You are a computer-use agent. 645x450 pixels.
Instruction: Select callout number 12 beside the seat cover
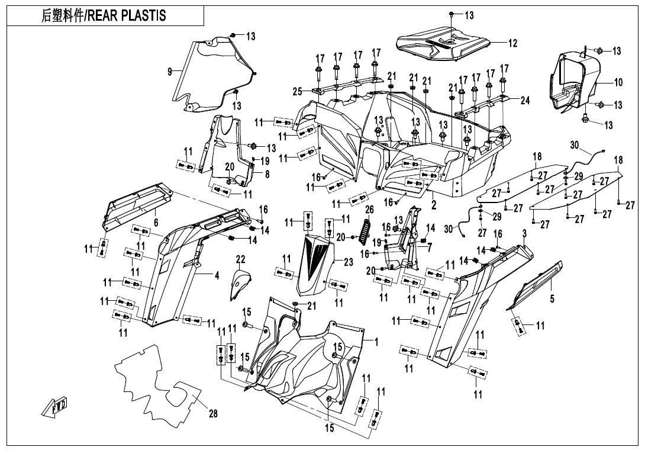[x=512, y=43]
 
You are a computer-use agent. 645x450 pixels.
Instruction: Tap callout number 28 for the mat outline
[x=213, y=414]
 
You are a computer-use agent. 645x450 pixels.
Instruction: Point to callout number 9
[x=170, y=72]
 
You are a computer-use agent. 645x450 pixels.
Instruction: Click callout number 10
[x=618, y=83]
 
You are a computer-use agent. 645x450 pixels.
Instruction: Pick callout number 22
[x=240, y=259]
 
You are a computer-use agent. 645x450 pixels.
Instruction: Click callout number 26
[x=369, y=210]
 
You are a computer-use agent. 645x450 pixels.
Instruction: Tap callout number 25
[x=297, y=92]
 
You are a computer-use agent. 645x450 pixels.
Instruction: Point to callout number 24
[x=525, y=101]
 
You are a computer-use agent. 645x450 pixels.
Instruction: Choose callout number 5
[x=552, y=300]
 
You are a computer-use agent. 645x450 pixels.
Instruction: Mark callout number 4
[x=200, y=276]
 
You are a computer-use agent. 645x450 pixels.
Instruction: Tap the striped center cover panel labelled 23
[x=318, y=263]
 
